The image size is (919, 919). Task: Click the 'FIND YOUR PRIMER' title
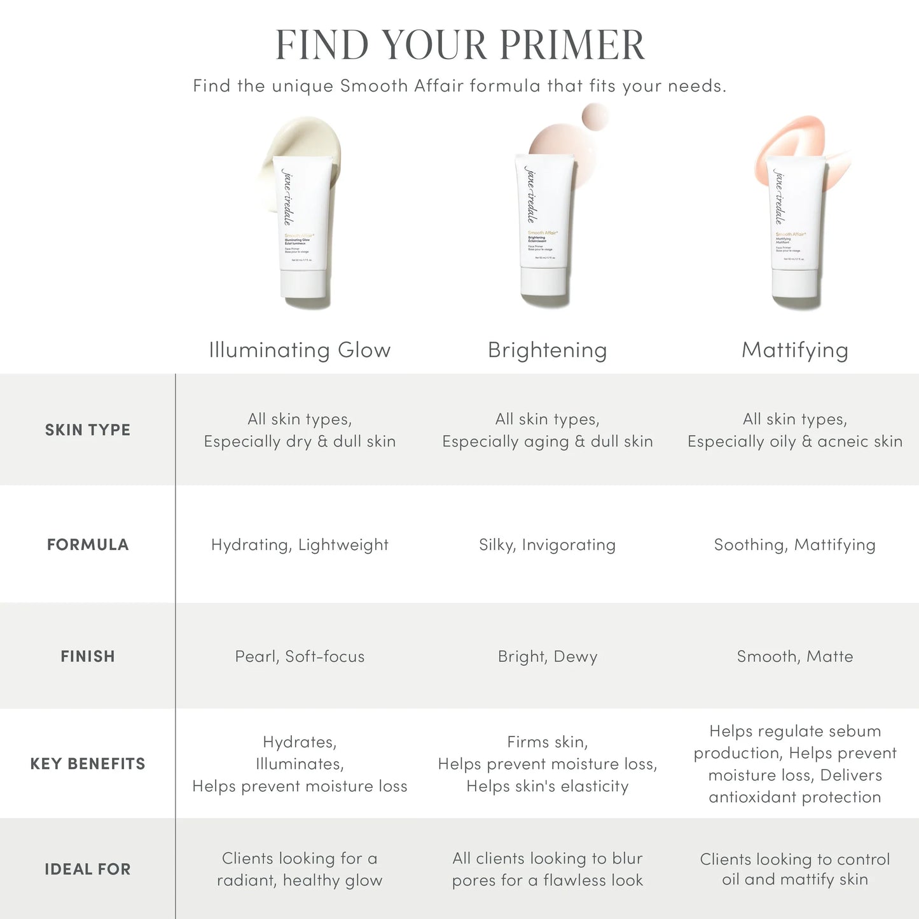click(460, 45)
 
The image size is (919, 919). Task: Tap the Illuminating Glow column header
click(300, 350)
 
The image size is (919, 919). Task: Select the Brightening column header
click(547, 350)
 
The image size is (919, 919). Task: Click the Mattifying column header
click(794, 350)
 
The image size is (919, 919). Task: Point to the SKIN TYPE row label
click(88, 430)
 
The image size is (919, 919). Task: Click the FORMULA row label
click(88, 544)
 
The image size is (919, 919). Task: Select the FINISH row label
click(88, 656)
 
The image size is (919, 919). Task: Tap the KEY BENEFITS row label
click(88, 764)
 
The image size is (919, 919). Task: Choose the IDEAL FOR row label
click(88, 869)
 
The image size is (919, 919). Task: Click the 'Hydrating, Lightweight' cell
click(300, 545)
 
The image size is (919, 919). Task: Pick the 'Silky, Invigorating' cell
click(547, 545)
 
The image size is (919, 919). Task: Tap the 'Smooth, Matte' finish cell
click(794, 656)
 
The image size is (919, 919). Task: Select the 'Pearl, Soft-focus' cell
click(300, 656)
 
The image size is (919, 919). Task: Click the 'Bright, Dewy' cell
click(547, 656)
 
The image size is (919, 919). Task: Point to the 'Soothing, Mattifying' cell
click(794, 545)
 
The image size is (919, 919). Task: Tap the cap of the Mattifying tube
click(796, 289)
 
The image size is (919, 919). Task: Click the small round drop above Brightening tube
click(595, 117)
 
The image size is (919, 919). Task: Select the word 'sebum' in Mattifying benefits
click(859, 731)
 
